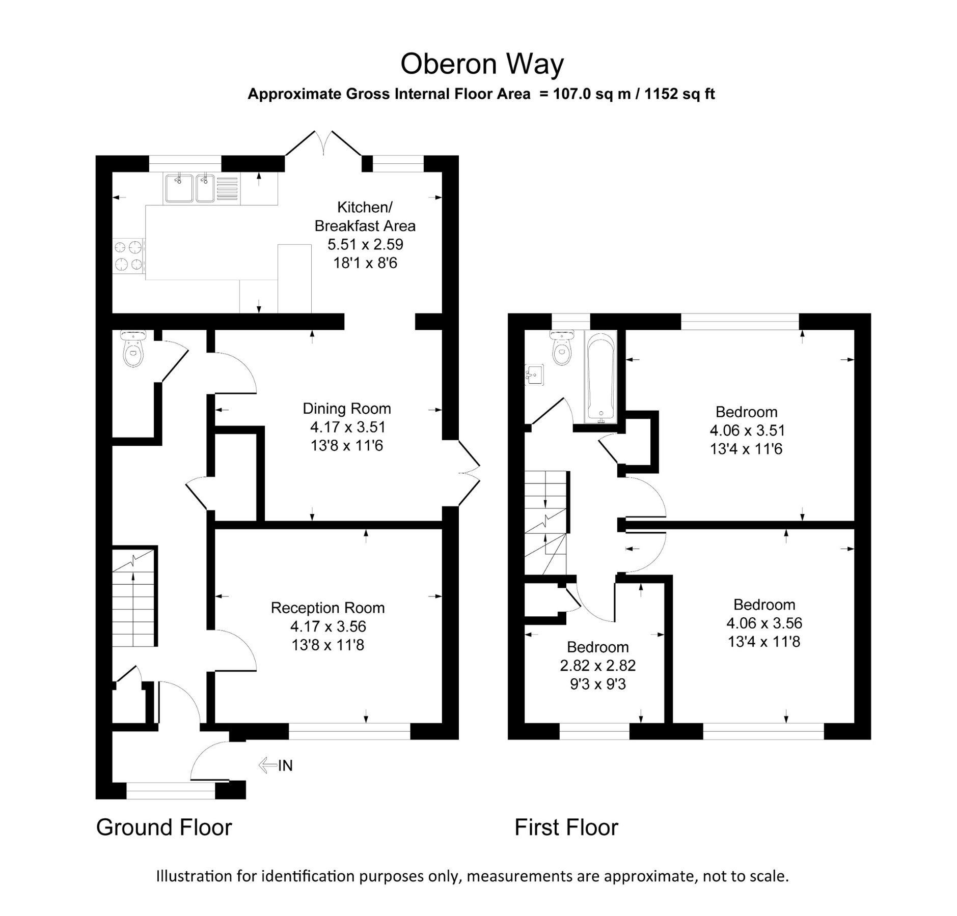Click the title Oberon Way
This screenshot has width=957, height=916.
point(482,64)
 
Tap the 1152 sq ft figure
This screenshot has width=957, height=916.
point(679,94)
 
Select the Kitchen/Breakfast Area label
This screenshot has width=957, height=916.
point(365,216)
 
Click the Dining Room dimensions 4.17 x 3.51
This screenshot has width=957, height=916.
point(347,427)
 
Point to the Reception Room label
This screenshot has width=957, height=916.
point(327,608)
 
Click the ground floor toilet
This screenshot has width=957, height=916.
point(133,349)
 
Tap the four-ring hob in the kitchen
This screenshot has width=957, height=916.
point(128,256)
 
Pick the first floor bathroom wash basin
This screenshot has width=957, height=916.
point(534,375)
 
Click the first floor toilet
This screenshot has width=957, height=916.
point(562,349)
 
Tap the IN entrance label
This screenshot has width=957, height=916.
point(285,765)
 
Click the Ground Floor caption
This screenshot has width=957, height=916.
point(164,827)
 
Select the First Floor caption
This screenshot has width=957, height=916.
point(566,827)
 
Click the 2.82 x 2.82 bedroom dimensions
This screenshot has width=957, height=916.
point(597,666)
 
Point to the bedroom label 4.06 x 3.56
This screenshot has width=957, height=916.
point(764,623)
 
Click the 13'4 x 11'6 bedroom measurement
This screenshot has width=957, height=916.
point(746,449)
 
